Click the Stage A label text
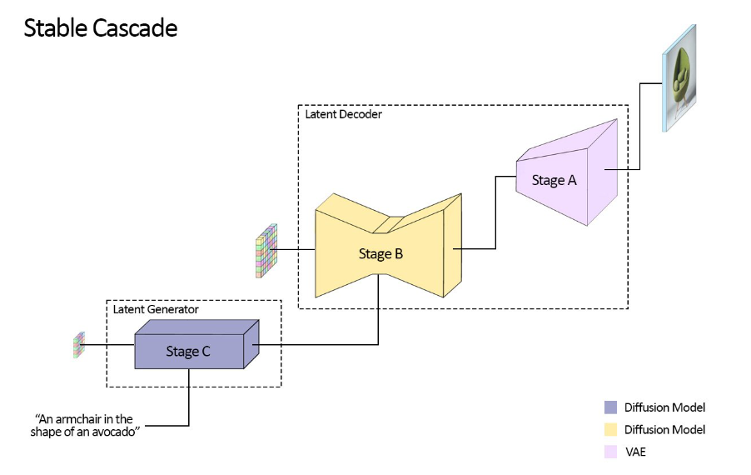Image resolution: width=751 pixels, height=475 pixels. (x=554, y=180)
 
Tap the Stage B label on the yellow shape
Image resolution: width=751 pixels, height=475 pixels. (x=380, y=253)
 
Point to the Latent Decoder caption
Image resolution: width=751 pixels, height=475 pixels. (x=343, y=114)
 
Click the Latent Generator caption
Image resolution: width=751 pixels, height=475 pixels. (x=156, y=309)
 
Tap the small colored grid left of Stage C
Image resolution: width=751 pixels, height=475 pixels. (x=79, y=344)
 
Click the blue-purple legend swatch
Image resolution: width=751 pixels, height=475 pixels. (x=610, y=407)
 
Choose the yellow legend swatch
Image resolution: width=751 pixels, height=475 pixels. (x=610, y=429)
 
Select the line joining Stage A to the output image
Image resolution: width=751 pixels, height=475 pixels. (x=639, y=125)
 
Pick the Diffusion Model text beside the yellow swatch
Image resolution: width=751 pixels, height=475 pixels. (x=664, y=429)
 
